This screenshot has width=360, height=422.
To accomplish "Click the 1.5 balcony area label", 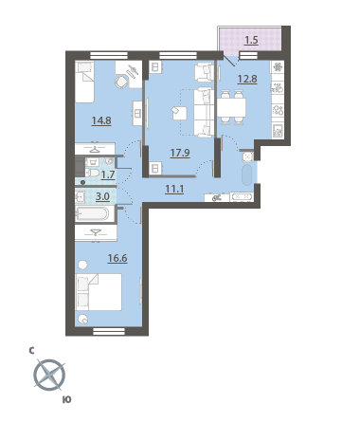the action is (x=252, y=41).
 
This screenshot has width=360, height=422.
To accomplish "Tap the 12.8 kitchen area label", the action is (x=247, y=79).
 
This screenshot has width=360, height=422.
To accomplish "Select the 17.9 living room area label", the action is (x=180, y=153).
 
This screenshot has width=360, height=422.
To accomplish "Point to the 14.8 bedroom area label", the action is (x=101, y=120).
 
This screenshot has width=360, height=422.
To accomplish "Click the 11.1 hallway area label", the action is (x=174, y=189).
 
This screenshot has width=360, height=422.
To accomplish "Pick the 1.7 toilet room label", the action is (x=108, y=174).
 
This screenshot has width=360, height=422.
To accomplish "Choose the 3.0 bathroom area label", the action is (x=102, y=196).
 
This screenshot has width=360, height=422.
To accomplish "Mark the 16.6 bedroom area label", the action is (x=117, y=258).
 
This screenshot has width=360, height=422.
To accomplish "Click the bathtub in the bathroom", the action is (x=93, y=214).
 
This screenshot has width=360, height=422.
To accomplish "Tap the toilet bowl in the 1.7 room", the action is (x=92, y=173).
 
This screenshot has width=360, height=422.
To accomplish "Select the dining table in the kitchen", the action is (x=231, y=107).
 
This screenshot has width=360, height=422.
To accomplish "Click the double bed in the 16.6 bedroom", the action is (x=99, y=292).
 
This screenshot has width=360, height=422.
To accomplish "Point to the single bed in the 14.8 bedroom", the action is (x=84, y=82).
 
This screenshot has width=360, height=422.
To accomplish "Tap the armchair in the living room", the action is (x=204, y=72).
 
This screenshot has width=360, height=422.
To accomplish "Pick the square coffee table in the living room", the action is (x=179, y=113).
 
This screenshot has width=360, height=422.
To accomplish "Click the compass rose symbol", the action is (x=49, y=376).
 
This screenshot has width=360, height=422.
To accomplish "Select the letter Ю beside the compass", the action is (x=67, y=400).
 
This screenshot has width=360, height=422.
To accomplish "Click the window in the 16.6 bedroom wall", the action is (x=109, y=331).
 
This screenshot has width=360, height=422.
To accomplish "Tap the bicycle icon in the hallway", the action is (x=216, y=198).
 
